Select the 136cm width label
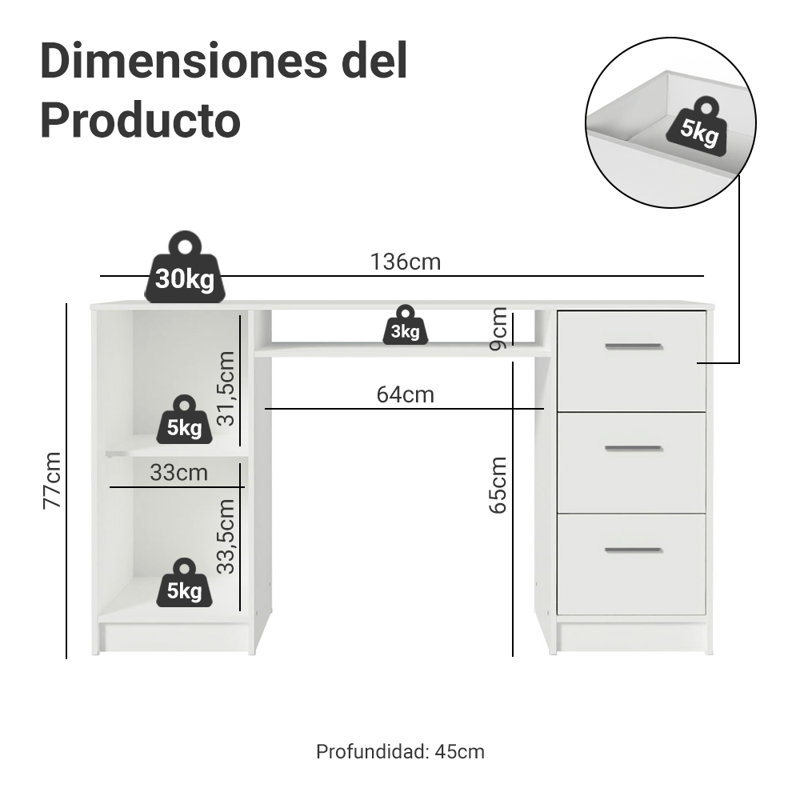(x=406, y=262)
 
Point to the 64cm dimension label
(x=405, y=394)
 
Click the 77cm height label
(x=53, y=480)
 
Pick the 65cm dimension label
(x=498, y=485)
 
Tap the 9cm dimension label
(x=498, y=328)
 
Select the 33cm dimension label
(x=178, y=473)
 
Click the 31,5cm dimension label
(x=227, y=388)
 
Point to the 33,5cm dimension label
(x=227, y=536)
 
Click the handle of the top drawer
(x=633, y=346)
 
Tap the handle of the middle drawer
(x=633, y=448)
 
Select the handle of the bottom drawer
(x=633, y=550)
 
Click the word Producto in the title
(x=140, y=121)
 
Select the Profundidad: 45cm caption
(x=400, y=752)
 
